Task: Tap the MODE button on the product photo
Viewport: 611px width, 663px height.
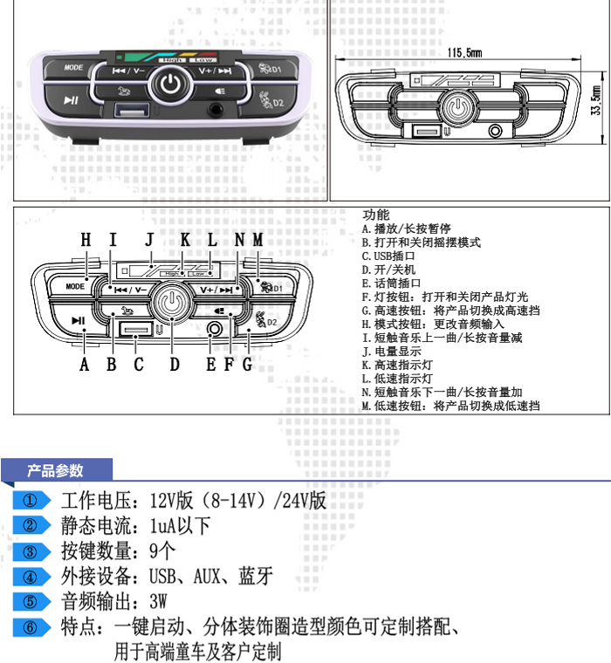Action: point(73,67)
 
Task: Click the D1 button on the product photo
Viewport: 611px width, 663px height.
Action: point(271,69)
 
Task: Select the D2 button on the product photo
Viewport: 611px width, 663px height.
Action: point(271,101)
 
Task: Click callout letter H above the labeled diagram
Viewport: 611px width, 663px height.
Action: point(86,240)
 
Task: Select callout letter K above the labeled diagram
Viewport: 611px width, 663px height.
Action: point(184,240)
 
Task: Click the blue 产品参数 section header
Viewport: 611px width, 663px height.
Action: point(56,471)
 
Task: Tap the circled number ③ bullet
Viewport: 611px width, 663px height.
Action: point(31,551)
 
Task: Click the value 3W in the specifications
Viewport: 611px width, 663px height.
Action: point(158,602)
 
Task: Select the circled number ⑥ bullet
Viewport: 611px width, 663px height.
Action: point(31,627)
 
